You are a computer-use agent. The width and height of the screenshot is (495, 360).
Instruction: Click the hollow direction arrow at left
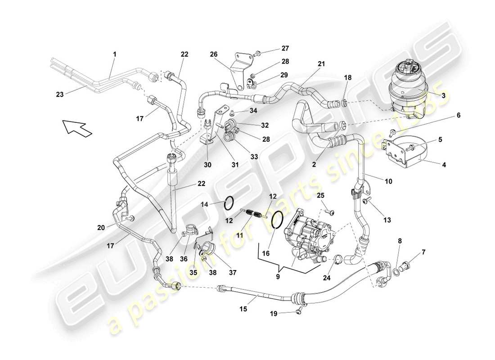point(76,127)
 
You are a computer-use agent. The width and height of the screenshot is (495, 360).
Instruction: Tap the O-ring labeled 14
point(229,203)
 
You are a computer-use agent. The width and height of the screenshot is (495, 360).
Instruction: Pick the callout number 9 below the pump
point(278,277)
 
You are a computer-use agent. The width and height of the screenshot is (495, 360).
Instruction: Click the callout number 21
point(320,64)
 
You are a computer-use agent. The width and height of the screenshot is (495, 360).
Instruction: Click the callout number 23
point(59,94)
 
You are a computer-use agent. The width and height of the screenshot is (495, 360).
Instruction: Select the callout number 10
point(388,181)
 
